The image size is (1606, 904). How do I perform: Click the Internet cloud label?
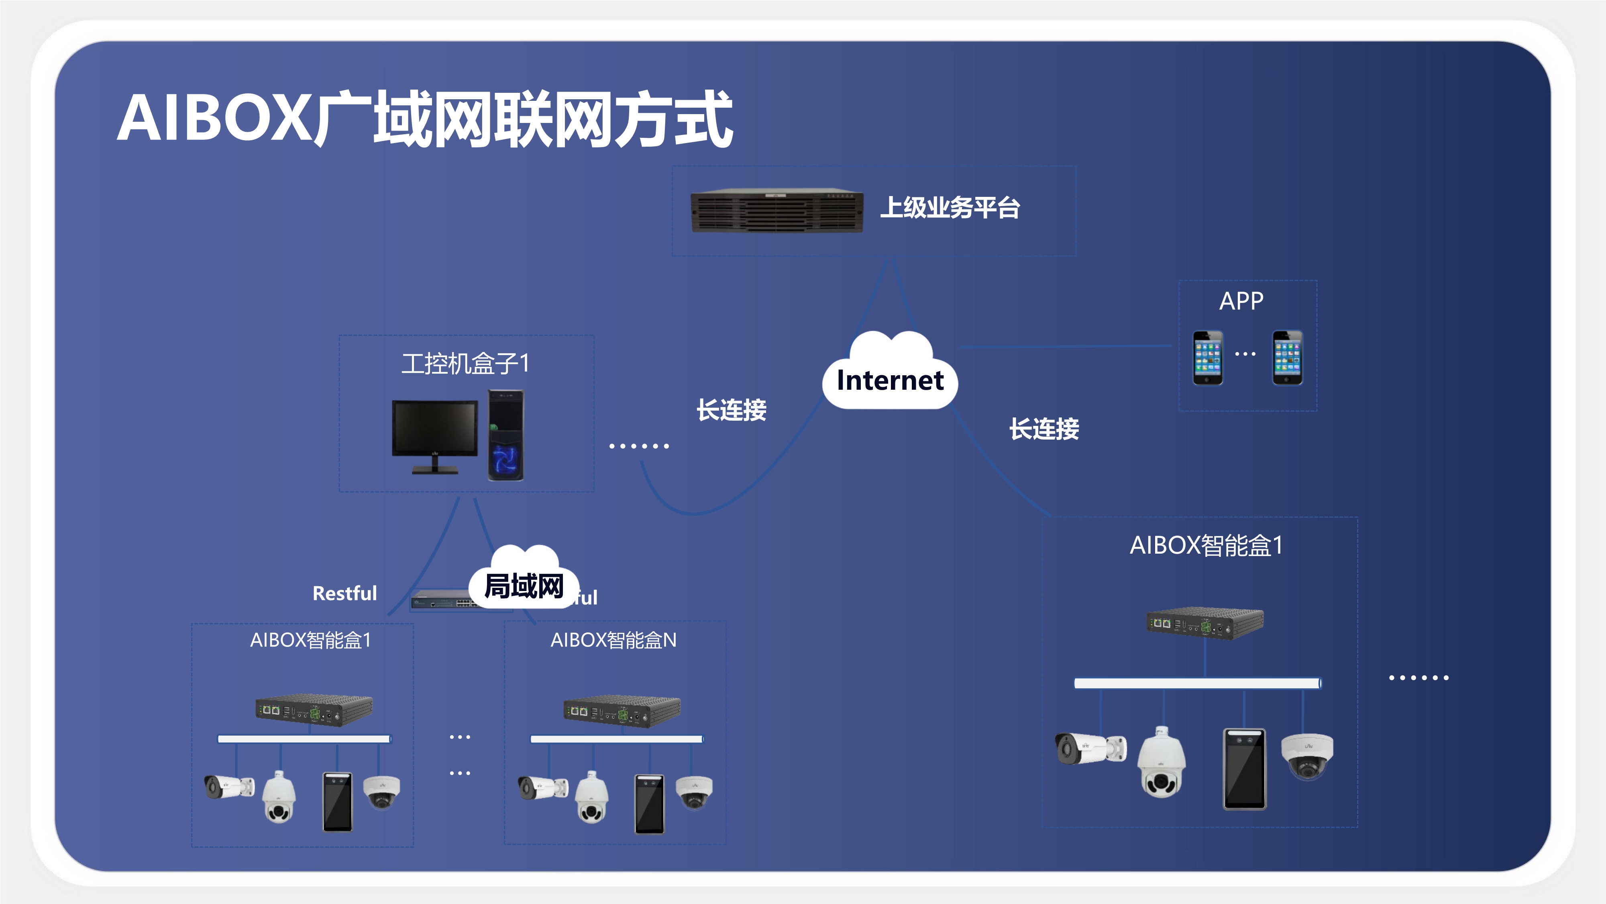point(890,380)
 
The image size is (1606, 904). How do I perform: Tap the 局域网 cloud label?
point(524,586)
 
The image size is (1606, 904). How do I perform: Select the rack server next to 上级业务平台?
point(777,211)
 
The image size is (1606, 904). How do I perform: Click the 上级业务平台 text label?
point(950,208)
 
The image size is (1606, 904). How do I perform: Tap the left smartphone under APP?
point(1208,358)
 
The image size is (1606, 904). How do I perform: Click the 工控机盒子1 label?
point(465,363)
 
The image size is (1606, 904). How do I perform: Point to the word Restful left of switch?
point(345,593)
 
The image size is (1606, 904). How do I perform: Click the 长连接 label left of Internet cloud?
point(731,410)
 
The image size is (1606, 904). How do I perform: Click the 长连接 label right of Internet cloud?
point(1044,429)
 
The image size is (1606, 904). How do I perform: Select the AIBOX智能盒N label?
point(613,640)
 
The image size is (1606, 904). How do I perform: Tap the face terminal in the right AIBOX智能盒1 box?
point(1244,769)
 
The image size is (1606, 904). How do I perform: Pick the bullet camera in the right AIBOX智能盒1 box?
point(1090,748)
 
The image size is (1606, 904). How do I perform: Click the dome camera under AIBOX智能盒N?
point(694,791)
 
